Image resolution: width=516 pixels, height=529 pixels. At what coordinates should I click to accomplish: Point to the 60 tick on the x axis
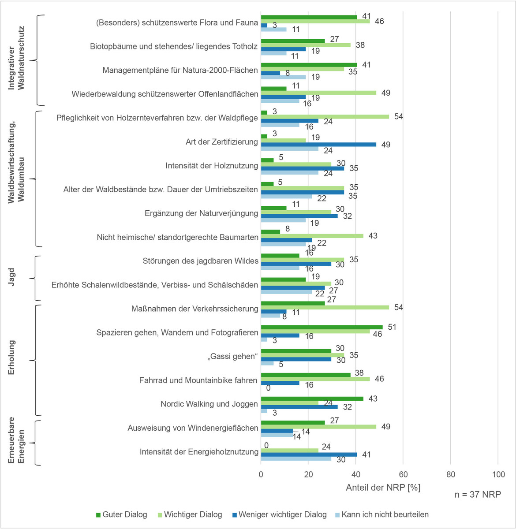point(403,474)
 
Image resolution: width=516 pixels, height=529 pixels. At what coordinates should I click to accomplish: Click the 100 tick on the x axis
point(498,474)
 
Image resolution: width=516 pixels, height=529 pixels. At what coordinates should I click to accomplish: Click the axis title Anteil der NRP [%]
point(383,488)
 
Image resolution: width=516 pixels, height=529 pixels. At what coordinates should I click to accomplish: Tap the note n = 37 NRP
point(478,494)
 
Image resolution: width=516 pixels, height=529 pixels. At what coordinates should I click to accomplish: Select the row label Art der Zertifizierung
point(221,142)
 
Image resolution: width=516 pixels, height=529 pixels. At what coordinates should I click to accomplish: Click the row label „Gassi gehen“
point(232,356)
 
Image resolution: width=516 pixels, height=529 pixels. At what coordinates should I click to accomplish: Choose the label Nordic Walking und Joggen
point(209,404)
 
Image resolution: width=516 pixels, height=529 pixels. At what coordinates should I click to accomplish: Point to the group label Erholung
point(12,358)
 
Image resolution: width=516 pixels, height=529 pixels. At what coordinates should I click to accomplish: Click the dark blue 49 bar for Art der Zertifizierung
point(318,145)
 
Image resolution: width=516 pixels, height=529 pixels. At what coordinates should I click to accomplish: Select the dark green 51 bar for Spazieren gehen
point(322,327)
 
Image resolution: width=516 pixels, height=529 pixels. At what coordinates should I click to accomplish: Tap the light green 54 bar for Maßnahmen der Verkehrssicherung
point(325,307)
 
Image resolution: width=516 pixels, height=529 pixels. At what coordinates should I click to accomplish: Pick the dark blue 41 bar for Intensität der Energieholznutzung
point(309,454)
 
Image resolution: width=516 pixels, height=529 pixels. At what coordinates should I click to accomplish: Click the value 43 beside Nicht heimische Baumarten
point(373,236)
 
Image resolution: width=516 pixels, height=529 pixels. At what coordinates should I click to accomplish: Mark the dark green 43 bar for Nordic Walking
point(312,399)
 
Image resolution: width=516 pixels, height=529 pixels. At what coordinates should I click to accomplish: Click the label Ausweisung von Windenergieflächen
point(193,428)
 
